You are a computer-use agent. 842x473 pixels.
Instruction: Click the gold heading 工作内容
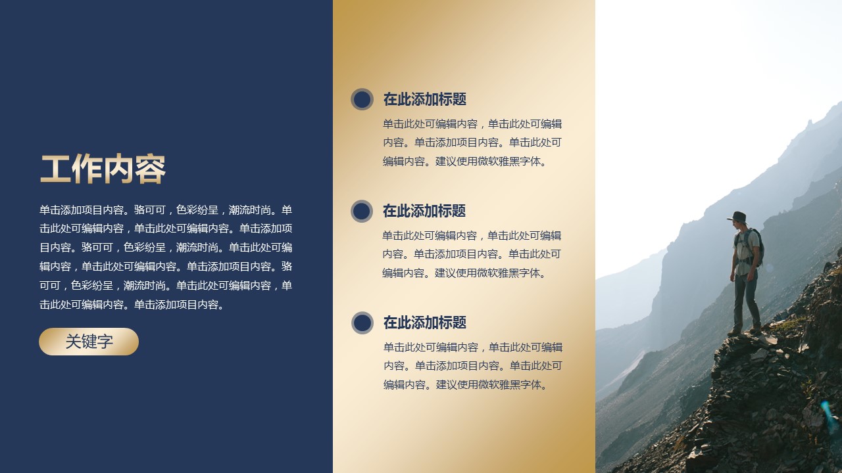tap(103, 169)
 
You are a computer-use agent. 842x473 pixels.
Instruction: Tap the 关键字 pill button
tap(89, 342)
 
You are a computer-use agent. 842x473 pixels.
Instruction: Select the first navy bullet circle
tap(362, 99)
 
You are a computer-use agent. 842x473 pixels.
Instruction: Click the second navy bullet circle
tap(362, 211)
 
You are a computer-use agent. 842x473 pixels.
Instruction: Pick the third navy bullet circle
tap(362, 323)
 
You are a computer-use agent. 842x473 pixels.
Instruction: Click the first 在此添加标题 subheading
tap(425, 99)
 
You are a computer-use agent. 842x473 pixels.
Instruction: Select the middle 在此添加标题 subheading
tap(424, 211)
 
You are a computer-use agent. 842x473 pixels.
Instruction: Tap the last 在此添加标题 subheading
tap(425, 323)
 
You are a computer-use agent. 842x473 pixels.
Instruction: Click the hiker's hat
tap(738, 217)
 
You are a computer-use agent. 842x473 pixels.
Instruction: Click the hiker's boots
tap(745, 331)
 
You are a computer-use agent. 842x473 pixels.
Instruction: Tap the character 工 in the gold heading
tap(55, 169)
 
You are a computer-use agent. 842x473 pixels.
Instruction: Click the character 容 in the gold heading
tap(151, 169)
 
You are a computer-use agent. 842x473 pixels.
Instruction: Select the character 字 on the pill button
tap(105, 342)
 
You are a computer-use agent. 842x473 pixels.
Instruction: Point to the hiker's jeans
tap(746, 300)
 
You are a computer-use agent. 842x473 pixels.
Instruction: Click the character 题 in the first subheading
tap(459, 99)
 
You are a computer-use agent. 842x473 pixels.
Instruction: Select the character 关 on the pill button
tap(73, 342)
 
